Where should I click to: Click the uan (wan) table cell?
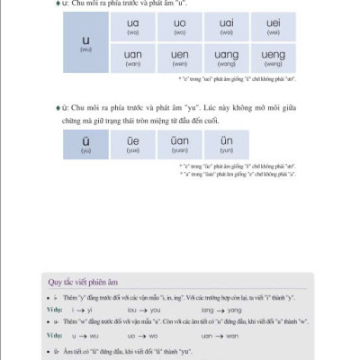[x=133, y=58]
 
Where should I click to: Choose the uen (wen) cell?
[x=179, y=58]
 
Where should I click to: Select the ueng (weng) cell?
[x=274, y=58]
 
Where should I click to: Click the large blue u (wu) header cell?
[x=85, y=41]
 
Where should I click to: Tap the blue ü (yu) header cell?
[x=85, y=144]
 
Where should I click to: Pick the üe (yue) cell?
[x=133, y=144]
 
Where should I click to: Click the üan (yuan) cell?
[x=179, y=144]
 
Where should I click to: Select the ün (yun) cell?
[x=226, y=144]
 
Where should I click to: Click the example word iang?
[x=208, y=309]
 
